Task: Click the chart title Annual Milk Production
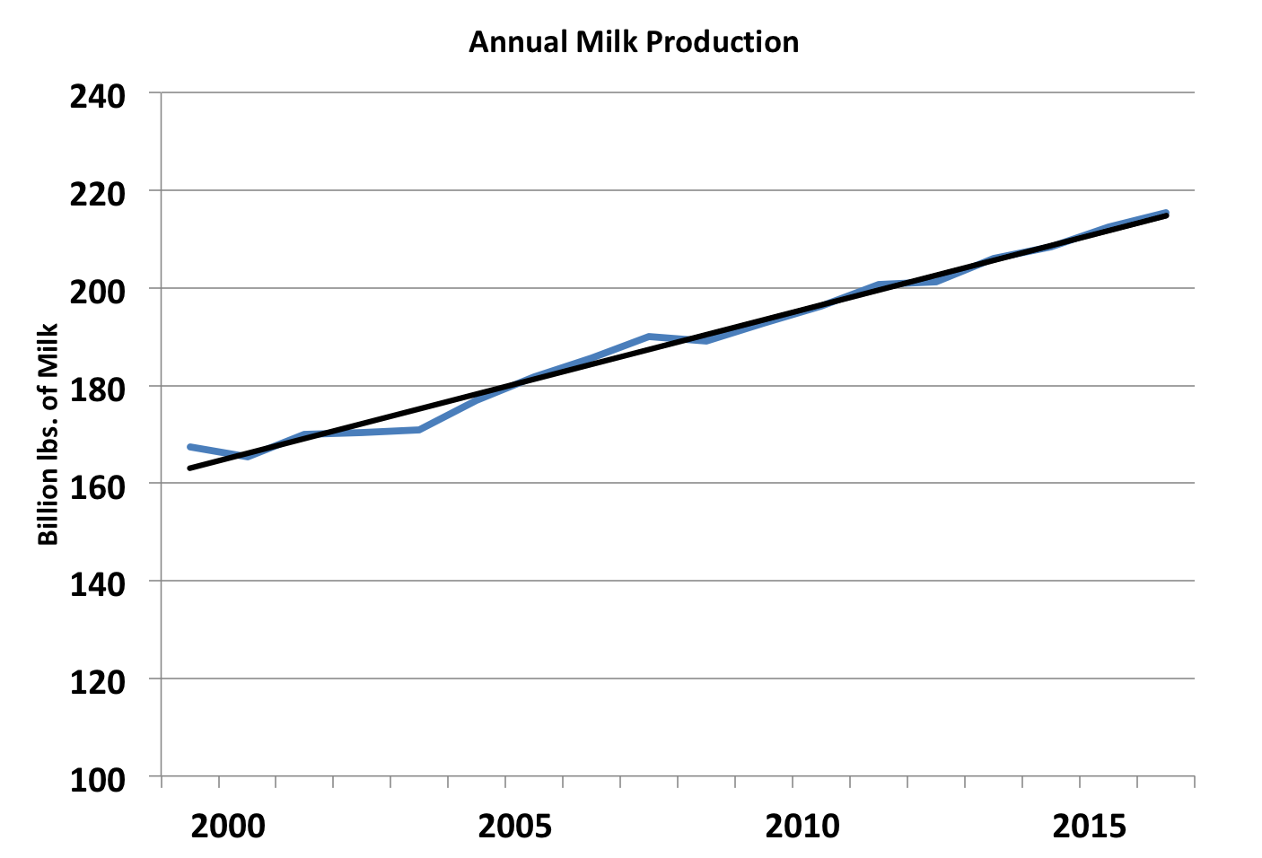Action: tap(633, 42)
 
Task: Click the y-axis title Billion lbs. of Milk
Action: tap(48, 433)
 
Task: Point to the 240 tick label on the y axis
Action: tap(97, 95)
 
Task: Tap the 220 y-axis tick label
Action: tap(97, 193)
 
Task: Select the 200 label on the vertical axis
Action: tap(97, 290)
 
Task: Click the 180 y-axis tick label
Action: tap(97, 388)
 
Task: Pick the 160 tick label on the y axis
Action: tap(97, 486)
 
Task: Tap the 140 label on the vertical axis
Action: tap(97, 583)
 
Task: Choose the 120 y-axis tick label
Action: tap(97, 681)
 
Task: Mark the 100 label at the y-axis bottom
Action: tap(97, 778)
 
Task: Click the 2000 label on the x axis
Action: tap(228, 826)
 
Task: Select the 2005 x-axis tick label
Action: tap(514, 826)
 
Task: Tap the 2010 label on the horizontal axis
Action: tap(802, 826)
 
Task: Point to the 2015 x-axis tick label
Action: tap(1089, 826)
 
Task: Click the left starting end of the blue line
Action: tap(189, 446)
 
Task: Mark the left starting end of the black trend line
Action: tap(189, 468)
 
